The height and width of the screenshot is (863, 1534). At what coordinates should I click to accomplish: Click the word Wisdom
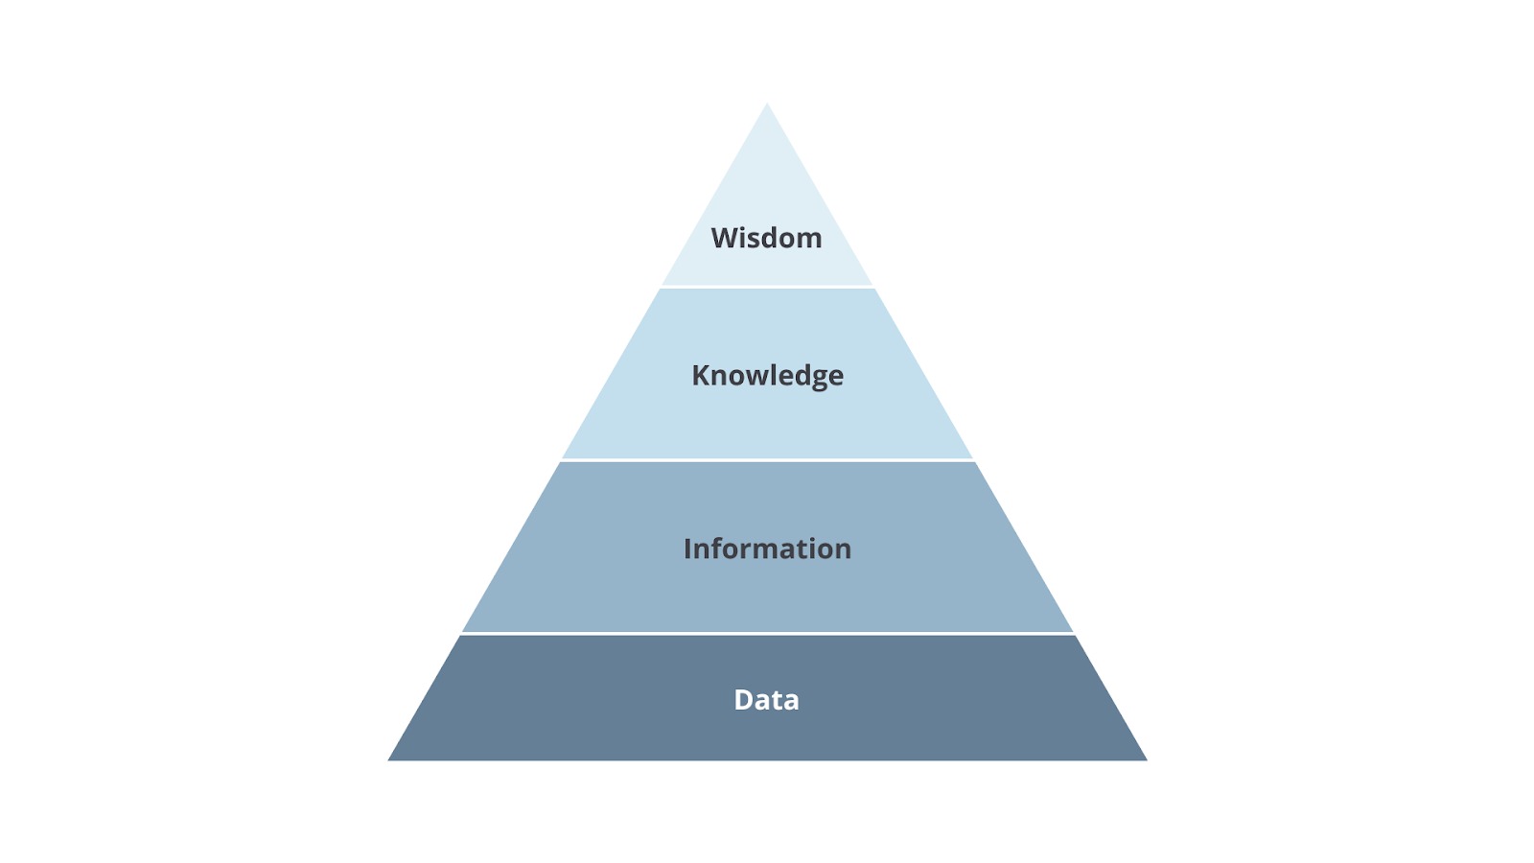(766, 238)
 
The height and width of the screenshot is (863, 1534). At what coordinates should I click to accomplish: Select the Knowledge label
(768, 376)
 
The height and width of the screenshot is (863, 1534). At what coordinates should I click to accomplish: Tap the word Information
(768, 548)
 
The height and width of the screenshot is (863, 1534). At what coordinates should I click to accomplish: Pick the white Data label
(766, 700)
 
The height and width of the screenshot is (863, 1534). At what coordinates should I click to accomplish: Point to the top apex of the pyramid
(767, 104)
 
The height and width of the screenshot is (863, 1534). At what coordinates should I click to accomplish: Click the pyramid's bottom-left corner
(388, 760)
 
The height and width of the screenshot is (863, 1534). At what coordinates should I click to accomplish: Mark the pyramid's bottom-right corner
(1147, 760)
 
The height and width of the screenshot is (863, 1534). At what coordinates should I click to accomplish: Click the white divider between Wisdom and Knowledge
(767, 287)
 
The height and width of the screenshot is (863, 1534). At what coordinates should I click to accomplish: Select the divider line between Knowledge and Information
(767, 459)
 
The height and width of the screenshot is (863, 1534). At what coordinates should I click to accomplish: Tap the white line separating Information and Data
(767, 634)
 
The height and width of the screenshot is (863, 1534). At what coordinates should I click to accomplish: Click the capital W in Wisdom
(726, 239)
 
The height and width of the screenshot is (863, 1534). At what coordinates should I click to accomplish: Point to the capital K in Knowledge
(701, 375)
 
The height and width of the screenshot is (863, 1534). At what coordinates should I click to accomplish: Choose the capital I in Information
(687, 548)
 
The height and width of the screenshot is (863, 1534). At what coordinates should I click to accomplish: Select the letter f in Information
(718, 548)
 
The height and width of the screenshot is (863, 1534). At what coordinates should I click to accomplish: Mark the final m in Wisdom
(809, 241)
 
